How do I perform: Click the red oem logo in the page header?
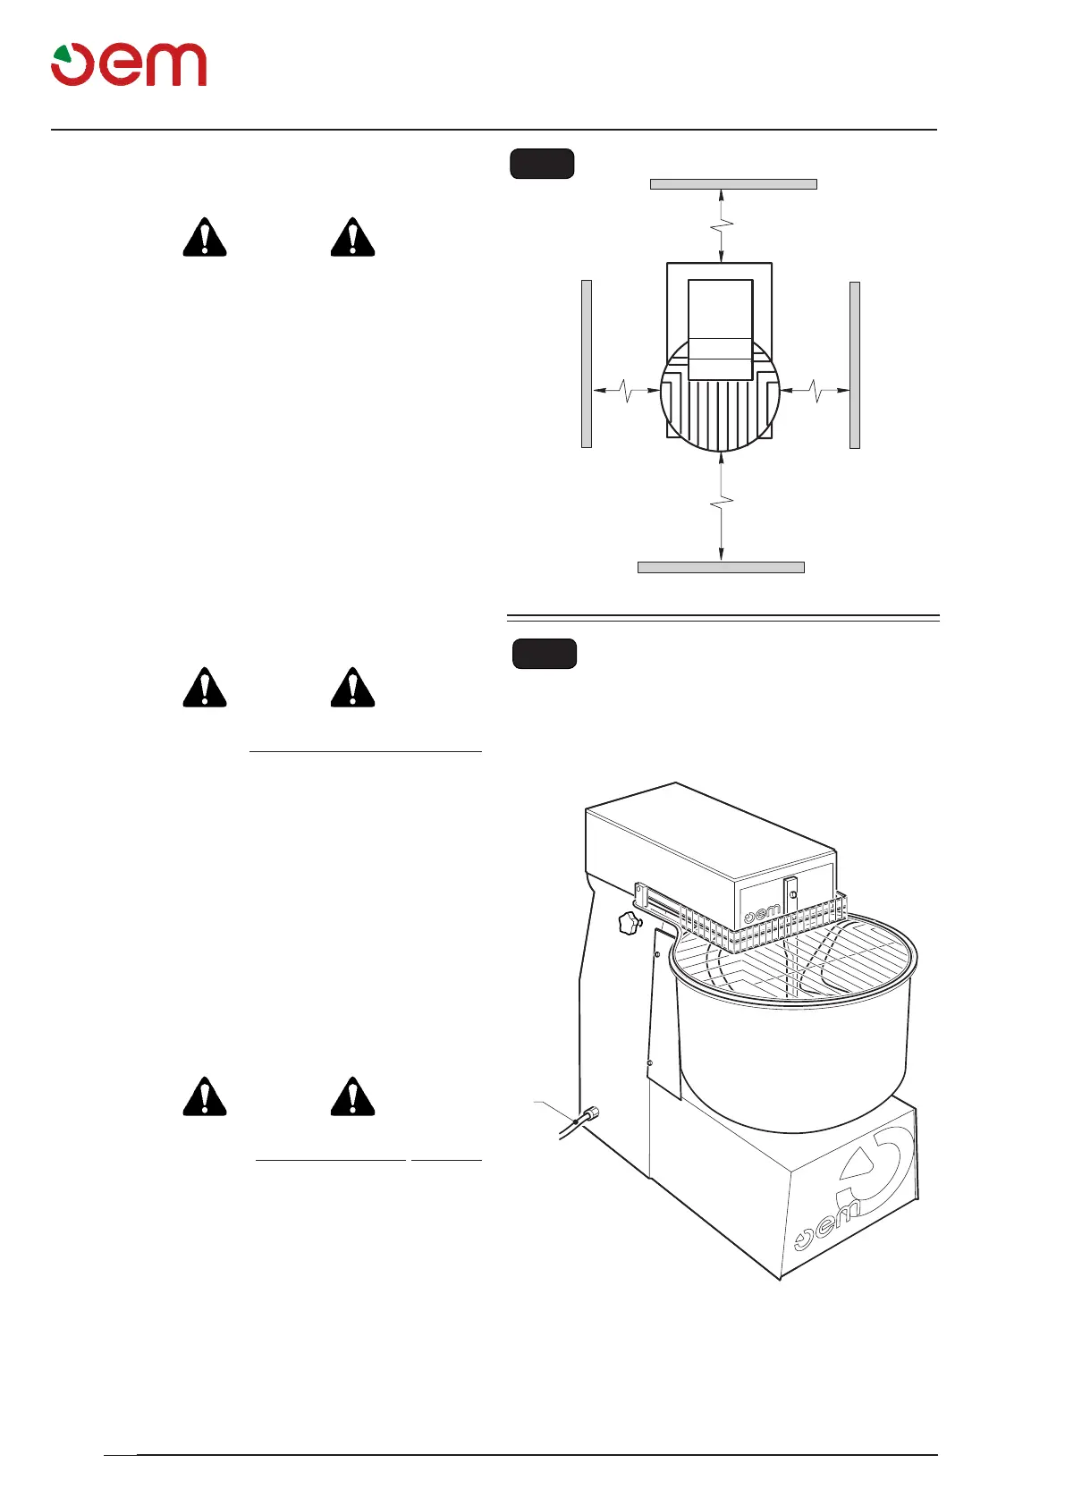click(x=129, y=64)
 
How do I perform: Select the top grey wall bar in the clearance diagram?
click(x=733, y=184)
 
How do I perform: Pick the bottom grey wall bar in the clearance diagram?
click(x=721, y=567)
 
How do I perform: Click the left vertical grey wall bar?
click(x=587, y=363)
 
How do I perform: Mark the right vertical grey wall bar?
click(x=855, y=365)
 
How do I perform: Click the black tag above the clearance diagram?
click(x=542, y=165)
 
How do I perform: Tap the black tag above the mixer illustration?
click(x=545, y=654)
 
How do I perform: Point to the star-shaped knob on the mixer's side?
click(x=630, y=924)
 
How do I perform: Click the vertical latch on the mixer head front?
click(x=790, y=898)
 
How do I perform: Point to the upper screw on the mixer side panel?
click(x=658, y=954)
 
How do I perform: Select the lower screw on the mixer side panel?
click(x=650, y=1063)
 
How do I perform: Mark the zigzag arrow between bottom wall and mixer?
click(x=722, y=506)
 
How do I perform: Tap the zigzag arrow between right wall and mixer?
click(x=815, y=391)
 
